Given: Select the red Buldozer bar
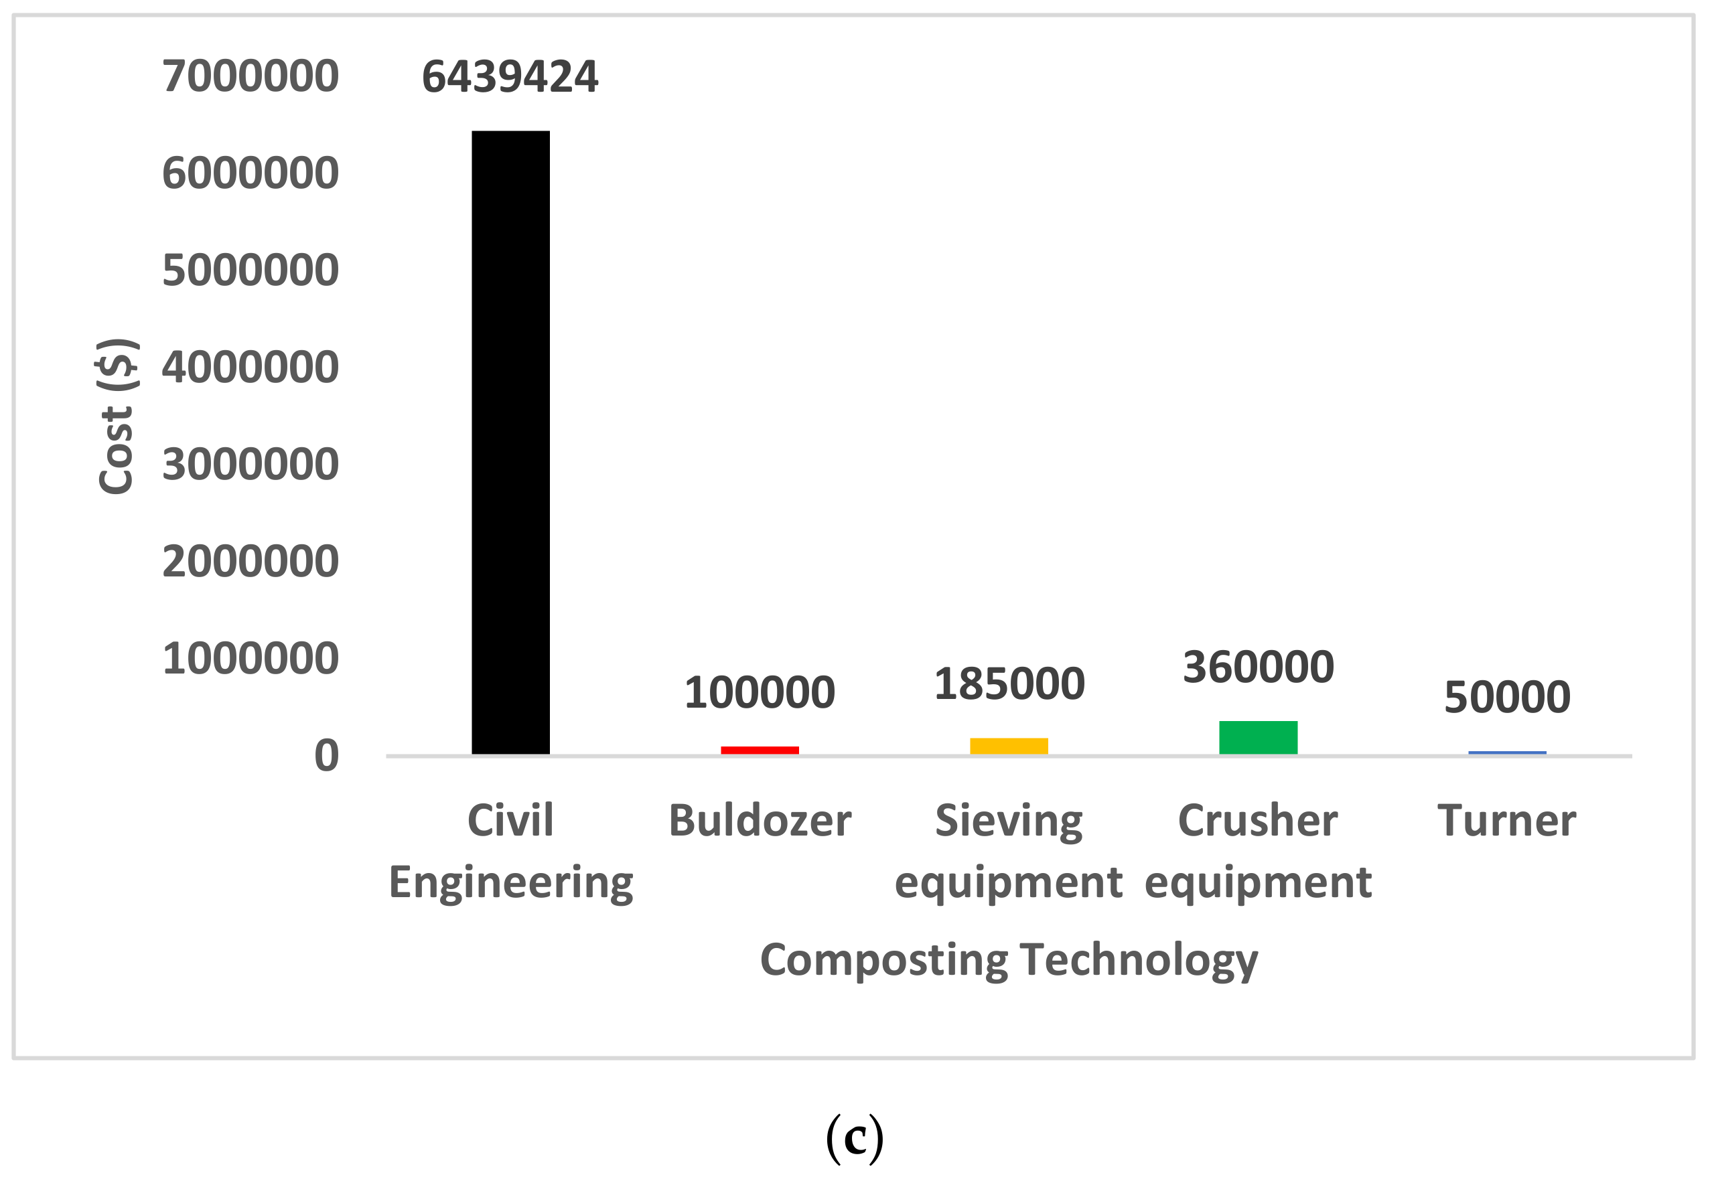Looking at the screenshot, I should click(760, 750).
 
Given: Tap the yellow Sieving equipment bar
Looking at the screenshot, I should click(1009, 745).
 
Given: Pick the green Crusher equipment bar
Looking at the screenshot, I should click(1259, 737).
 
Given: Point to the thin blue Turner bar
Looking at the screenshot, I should click(1508, 753).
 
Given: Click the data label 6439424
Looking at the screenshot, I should click(510, 77).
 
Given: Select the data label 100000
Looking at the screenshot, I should click(760, 693).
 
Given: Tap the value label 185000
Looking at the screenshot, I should click(1009, 684).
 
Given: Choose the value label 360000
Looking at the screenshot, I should click(1259, 667).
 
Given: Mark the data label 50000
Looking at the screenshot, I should click(1508, 698).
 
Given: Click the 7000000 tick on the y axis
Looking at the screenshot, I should click(251, 76).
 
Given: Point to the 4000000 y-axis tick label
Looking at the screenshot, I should click(251, 367).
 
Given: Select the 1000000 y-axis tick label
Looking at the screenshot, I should click(251, 658).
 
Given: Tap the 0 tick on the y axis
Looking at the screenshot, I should click(327, 756).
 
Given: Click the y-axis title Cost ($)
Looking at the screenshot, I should click(117, 416).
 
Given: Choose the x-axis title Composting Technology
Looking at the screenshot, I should click(1009, 960).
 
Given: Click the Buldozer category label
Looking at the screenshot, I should click(760, 821).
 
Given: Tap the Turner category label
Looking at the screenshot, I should click(1507, 821).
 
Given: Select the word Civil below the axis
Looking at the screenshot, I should click(510, 821).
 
